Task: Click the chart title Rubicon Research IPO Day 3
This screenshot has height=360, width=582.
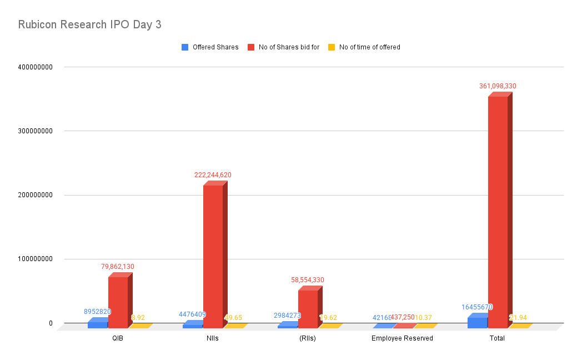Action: pyautogui.click(x=89, y=25)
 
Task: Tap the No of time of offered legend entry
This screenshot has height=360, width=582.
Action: pyautogui.click(x=369, y=47)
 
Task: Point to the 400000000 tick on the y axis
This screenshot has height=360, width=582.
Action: pyautogui.click(x=35, y=67)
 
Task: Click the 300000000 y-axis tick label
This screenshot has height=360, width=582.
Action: pyautogui.click(x=35, y=131)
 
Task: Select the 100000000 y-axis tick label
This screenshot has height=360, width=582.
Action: pyautogui.click(x=35, y=259)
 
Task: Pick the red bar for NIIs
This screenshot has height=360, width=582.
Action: pyautogui.click(x=213, y=256)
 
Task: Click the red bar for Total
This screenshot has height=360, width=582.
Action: pyautogui.click(x=498, y=211)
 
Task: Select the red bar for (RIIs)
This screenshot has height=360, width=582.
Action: pyautogui.click(x=308, y=308)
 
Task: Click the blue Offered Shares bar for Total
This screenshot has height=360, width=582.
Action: pyautogui.click(x=478, y=322)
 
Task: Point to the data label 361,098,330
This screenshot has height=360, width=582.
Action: pyautogui.click(x=498, y=86)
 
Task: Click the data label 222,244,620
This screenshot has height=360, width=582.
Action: pyautogui.click(x=213, y=175)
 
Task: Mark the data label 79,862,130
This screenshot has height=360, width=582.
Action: pyautogui.click(x=118, y=267)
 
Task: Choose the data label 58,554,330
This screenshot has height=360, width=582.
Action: pyautogui.click(x=308, y=280)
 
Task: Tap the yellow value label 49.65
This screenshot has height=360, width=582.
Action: pyautogui.click(x=233, y=318)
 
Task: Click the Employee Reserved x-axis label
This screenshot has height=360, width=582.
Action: pyautogui.click(x=402, y=338)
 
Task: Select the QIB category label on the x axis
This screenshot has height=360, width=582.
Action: pyautogui.click(x=117, y=338)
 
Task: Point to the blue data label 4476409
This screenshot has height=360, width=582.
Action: pyautogui.click(x=192, y=314)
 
